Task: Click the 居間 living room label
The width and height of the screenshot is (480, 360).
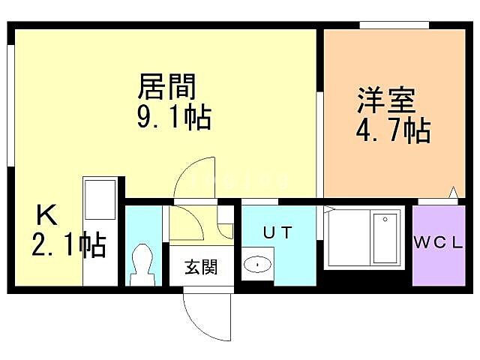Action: click(x=166, y=88)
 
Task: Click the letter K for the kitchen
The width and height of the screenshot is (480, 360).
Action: click(x=46, y=217)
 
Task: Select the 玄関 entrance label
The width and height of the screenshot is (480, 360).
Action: click(x=201, y=266)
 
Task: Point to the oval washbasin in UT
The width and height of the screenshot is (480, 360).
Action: click(x=258, y=265)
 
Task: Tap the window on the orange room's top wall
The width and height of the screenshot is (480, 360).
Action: click(x=393, y=24)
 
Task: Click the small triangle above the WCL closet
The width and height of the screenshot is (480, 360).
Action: click(x=454, y=193)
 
